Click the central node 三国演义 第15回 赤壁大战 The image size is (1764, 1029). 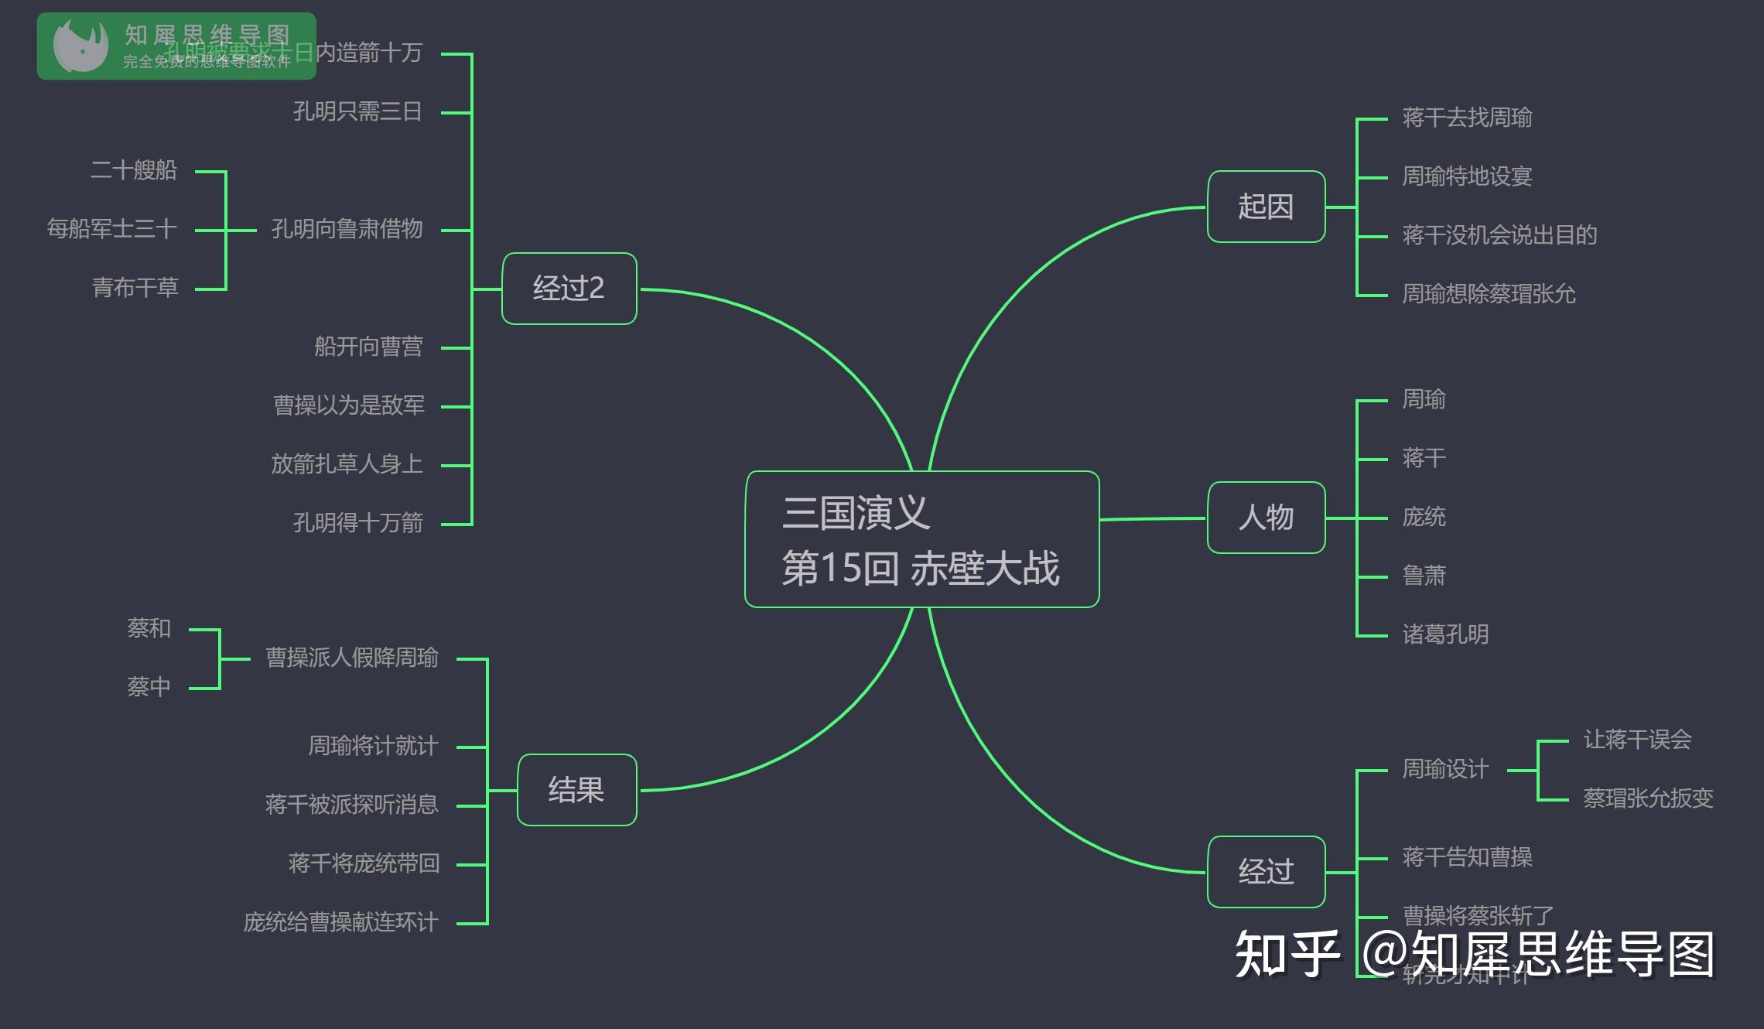pos(921,539)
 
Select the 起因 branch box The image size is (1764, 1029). pos(1266,207)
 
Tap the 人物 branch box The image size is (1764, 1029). pos(1266,518)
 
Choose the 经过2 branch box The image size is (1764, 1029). pos(569,289)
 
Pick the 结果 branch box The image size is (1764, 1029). pos(576,790)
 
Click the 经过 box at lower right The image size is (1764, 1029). pos(1266,872)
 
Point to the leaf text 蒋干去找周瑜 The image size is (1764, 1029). pos(1467,118)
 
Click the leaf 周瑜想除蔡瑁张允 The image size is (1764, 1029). pos(1489,294)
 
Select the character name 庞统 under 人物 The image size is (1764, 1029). pos(1424,517)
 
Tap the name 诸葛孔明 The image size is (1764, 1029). pos(1445,634)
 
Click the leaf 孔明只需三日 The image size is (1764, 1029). pos(357,112)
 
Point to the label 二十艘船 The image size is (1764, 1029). pos(134,170)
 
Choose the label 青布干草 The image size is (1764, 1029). pos(135,288)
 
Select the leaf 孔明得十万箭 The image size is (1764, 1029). pos(357,523)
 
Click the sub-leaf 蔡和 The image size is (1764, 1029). pos(149,628)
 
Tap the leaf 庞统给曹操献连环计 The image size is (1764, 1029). pos(340,922)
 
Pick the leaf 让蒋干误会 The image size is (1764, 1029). pos(1637,740)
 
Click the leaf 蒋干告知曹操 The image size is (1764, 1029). pos(1467,857)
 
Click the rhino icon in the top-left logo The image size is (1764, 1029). pos(80,46)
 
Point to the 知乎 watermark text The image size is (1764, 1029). pos(1287,955)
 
